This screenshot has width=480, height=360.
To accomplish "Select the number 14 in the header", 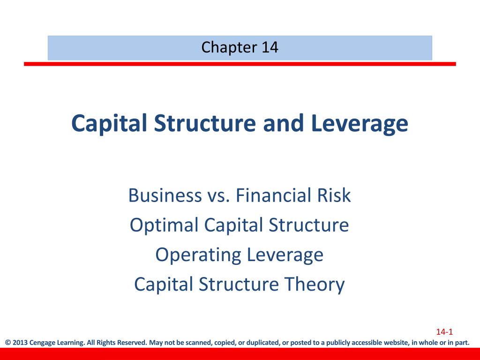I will click(x=270, y=47).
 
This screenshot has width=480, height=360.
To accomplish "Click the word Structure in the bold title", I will click(x=203, y=123).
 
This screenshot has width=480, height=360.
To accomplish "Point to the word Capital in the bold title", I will click(x=107, y=123).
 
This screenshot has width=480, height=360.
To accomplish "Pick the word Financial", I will click(x=273, y=195).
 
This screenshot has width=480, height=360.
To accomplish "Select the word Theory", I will click(x=320, y=285).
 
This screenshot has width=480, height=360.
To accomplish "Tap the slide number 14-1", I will click(x=444, y=332).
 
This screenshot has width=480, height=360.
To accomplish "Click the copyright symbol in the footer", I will click(x=7, y=343).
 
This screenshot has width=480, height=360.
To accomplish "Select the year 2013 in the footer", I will click(x=20, y=343).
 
